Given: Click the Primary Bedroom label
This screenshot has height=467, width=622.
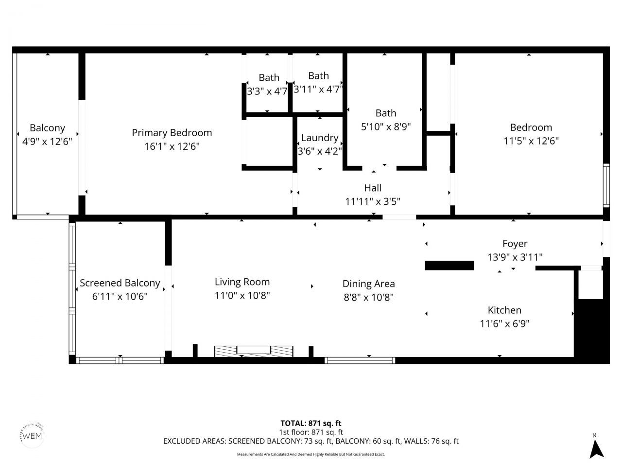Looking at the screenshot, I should (172, 133).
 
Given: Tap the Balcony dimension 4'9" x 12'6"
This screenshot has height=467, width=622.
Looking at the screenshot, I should (47, 142).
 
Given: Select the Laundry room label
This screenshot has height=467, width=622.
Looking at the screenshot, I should (319, 138).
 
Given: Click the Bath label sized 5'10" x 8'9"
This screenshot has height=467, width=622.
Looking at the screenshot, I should (385, 113).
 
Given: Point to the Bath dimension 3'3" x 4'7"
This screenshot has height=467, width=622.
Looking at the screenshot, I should (267, 91).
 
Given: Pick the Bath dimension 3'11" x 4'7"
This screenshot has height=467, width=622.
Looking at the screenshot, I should (318, 89).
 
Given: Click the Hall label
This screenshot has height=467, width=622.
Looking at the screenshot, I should (373, 188).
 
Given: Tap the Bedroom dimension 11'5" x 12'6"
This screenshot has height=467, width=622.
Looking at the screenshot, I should (531, 141).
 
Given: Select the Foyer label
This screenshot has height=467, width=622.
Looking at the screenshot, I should (515, 244).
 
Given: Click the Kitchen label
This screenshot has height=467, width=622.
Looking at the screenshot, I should (504, 310).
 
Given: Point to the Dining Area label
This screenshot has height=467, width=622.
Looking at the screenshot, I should (368, 284).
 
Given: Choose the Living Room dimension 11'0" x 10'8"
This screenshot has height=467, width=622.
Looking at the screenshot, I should (242, 295).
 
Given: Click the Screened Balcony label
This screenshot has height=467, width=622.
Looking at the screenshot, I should (120, 283).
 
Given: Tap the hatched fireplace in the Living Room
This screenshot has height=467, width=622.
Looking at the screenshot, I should (254, 351).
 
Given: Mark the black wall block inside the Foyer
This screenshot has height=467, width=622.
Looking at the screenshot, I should (449, 266).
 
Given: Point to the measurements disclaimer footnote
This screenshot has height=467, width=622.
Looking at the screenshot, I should (311, 454).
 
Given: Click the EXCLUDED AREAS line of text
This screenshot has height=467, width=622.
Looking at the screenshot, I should (311, 441).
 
